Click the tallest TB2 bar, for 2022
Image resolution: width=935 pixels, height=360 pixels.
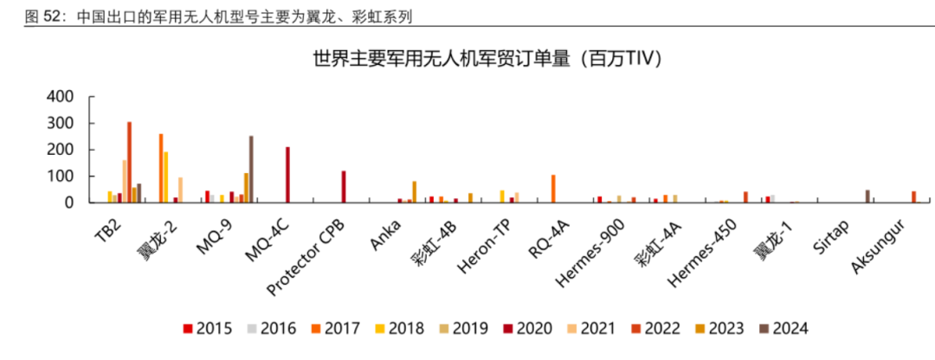pos(129,163)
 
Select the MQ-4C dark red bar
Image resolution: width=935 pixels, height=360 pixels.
pos(287,175)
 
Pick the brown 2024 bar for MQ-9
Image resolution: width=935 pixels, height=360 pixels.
pos(251,170)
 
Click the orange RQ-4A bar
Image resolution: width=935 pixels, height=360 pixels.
pos(552,189)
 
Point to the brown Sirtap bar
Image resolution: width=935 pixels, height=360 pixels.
pos(867,196)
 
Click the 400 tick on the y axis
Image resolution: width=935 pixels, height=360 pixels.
pos(68,96)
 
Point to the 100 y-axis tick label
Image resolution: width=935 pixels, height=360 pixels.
pos(68,177)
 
